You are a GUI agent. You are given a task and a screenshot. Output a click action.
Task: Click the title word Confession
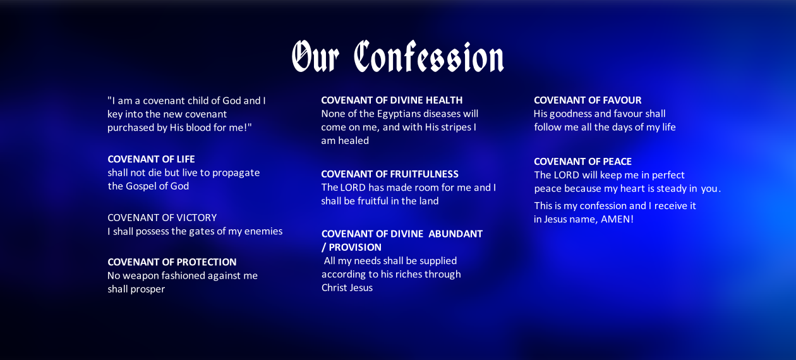click(x=429, y=56)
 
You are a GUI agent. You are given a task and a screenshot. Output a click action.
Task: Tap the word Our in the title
click(x=315, y=56)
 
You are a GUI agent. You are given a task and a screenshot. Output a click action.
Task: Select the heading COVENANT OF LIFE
click(x=152, y=159)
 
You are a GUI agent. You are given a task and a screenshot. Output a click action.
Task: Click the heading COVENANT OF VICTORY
click(x=162, y=217)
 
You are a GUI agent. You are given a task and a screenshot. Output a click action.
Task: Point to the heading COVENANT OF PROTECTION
click(x=172, y=262)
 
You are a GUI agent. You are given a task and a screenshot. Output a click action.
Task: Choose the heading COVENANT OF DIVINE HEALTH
click(x=392, y=100)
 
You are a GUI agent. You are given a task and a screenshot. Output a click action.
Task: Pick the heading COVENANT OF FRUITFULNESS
click(x=390, y=174)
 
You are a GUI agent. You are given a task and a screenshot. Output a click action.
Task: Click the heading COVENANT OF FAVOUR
click(x=588, y=100)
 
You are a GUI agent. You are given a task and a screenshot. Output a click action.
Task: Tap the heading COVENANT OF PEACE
click(x=582, y=161)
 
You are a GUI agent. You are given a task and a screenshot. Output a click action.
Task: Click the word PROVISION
click(x=355, y=247)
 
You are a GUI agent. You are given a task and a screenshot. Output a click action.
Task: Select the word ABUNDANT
click(x=455, y=234)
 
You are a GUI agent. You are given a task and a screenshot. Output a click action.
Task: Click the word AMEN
click(x=615, y=219)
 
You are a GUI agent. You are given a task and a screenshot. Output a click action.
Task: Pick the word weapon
click(x=141, y=276)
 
